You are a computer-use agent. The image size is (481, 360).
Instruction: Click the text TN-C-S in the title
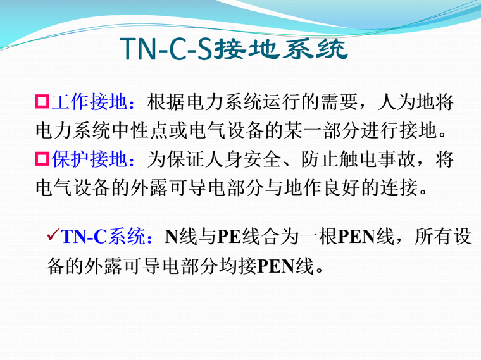[166, 49]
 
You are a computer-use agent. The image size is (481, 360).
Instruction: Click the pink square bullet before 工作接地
[42, 101]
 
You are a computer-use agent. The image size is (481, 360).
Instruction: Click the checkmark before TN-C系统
[53, 237]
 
